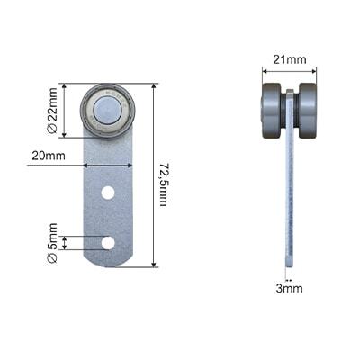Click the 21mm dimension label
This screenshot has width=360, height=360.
[290, 59]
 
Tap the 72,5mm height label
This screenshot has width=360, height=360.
[163, 184]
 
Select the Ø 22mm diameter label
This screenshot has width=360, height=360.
[52, 111]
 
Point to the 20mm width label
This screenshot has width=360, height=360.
[49, 156]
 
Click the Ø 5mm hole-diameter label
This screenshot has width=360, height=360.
[52, 243]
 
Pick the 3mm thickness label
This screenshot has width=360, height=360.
[289, 289]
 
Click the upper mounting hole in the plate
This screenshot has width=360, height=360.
[108, 193]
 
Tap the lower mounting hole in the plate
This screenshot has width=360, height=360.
[108, 243]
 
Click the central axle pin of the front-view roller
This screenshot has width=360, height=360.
[108, 110]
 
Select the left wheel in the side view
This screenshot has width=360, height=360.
[273, 111]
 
